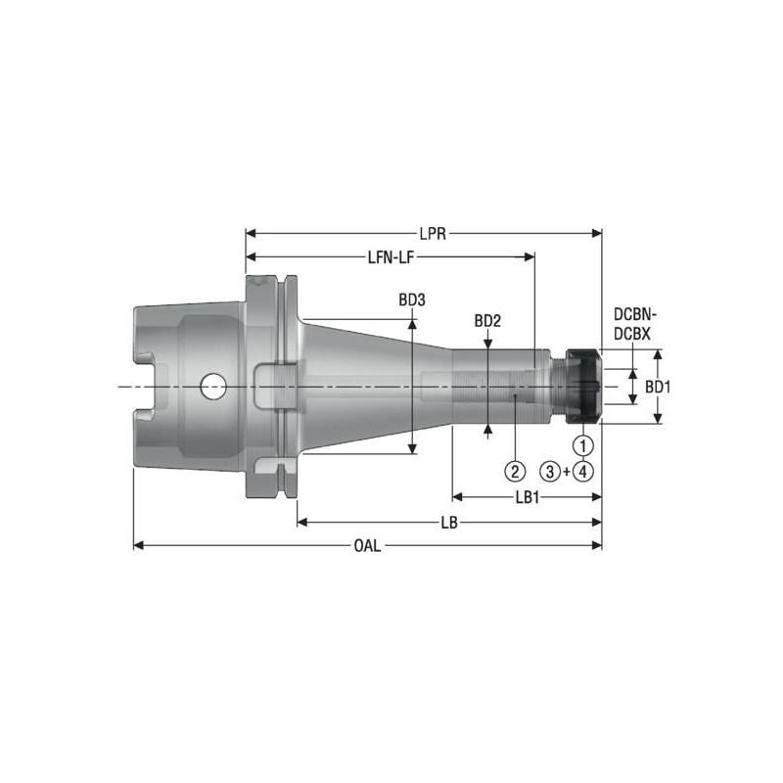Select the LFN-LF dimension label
coord(389,257)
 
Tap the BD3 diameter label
coord(412,301)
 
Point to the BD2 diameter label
coord(487,321)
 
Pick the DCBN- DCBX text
coord(636,324)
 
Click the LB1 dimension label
coord(528,497)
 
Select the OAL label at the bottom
coord(368,545)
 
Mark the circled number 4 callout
coord(584,471)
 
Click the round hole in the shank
coord(211,387)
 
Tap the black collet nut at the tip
coord(584,387)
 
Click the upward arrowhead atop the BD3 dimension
coord(413,320)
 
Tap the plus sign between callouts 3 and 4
coord(569,471)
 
